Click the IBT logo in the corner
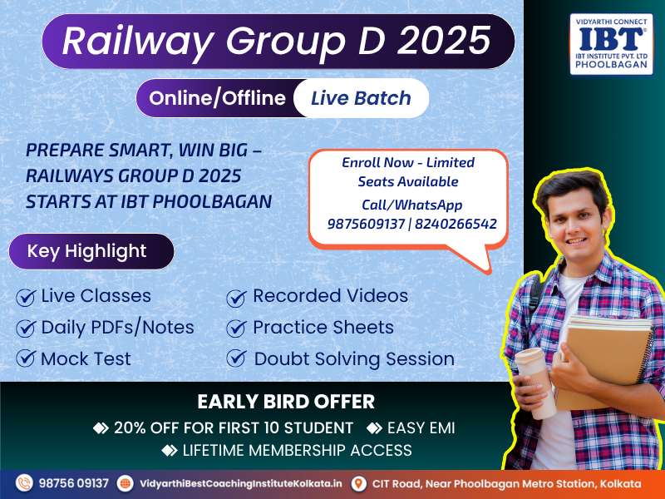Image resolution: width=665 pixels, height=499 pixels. point(611,44)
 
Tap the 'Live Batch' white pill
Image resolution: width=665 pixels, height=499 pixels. point(361,98)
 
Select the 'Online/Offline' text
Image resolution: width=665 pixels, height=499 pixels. point(217,98)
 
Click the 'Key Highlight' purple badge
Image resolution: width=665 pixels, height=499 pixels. point(91,251)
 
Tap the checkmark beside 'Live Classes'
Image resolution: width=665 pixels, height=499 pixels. point(26,297)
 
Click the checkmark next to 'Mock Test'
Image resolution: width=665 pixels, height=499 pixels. point(26,358)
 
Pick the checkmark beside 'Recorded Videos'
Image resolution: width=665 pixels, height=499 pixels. point(236,298)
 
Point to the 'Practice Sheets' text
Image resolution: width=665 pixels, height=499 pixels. point(323,327)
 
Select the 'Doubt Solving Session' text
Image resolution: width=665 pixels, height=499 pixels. point(354,359)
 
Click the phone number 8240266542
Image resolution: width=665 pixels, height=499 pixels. point(456,224)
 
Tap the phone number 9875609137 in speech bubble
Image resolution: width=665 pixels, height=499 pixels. point(366,224)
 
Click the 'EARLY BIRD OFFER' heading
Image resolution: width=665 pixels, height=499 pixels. point(286,402)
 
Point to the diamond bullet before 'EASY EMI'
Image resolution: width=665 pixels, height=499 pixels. point(374,427)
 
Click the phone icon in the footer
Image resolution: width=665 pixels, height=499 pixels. point(24,483)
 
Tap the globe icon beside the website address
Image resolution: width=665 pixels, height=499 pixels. point(126,483)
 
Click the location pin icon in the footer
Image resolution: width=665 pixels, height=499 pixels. point(359,483)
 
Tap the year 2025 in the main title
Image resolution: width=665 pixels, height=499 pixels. point(444,41)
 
